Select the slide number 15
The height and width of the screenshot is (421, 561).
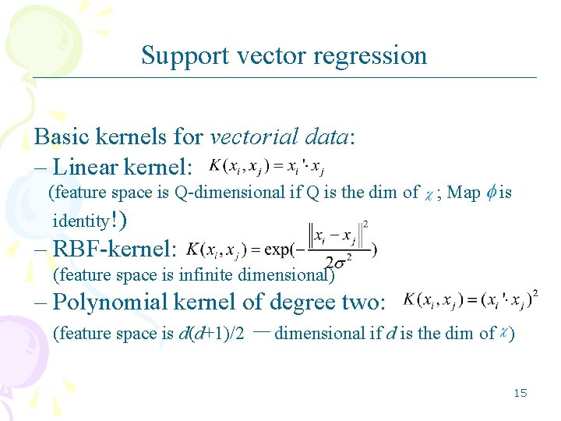[x=520, y=392]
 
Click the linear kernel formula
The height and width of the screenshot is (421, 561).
[x=267, y=167]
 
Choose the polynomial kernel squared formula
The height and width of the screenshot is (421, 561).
[x=470, y=300]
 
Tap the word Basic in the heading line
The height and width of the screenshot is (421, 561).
[x=62, y=136]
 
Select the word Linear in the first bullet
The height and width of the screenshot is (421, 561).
[x=86, y=166]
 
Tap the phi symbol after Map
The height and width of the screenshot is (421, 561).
[x=489, y=192]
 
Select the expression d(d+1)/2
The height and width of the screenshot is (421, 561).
[x=212, y=334]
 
